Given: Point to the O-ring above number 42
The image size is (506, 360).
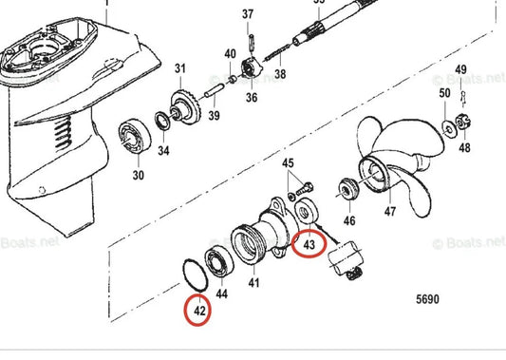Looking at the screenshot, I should click(194, 274).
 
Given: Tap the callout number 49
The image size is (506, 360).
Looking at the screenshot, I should click(461, 71).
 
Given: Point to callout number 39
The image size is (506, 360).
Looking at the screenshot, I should click(214, 116).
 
